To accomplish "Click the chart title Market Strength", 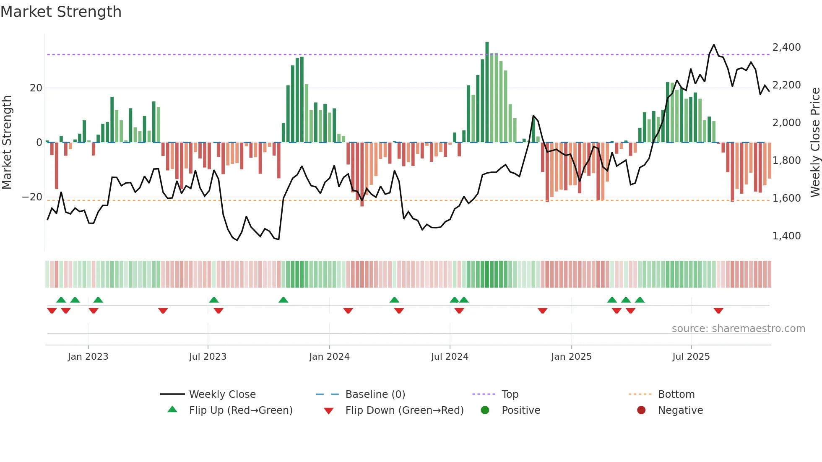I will pos(61,12).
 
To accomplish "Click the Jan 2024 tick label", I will pos(329,357).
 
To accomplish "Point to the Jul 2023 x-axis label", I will pos(208,357).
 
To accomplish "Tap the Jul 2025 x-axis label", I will pos(691,357).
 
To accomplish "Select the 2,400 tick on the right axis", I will pos(786,47).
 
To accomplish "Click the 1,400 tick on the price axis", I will pos(786,236).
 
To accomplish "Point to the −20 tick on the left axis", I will pos(32,197).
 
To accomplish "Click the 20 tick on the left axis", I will pos(36,88).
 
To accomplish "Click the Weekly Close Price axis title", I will pos(815,143).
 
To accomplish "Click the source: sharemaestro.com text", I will pos(738,329).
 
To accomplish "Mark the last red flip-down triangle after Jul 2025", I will pos(718,311).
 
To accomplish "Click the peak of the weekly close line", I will pos(714,45).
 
